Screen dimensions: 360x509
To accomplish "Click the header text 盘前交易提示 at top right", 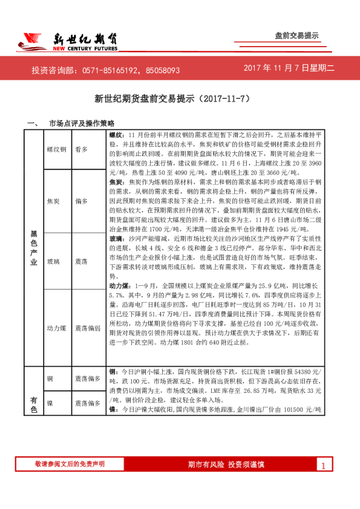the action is [x=296, y=36].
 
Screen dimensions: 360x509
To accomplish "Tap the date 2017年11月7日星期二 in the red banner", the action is [x=289, y=70].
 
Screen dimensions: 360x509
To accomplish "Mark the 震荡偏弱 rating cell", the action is [x=88, y=329].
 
